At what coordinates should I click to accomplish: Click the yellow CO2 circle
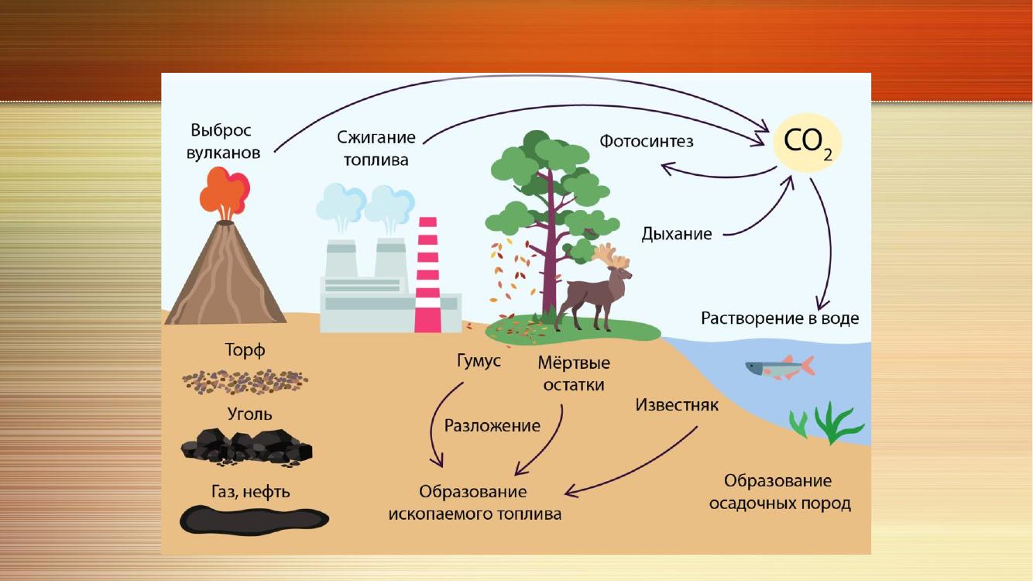point(807,143)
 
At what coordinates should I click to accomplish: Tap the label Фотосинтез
point(646,141)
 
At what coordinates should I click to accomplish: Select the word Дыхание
point(677,233)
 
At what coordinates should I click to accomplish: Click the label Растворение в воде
point(780,318)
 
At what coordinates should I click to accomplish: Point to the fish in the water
point(780,367)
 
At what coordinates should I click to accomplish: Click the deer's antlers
point(611,256)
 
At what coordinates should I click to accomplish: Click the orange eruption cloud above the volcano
point(225,191)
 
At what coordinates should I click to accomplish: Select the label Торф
point(245,350)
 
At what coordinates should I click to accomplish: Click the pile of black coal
point(247,447)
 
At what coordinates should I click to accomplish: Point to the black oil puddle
point(254,521)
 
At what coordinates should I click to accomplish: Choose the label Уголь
point(249,414)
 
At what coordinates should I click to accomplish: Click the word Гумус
point(479,361)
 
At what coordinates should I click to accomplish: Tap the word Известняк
point(677,404)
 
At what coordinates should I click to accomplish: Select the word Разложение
point(492,425)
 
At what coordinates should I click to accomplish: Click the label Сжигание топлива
point(376,149)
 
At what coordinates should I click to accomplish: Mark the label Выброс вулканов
point(223,141)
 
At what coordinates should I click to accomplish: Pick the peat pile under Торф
point(245,382)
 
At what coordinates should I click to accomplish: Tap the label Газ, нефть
point(250,492)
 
